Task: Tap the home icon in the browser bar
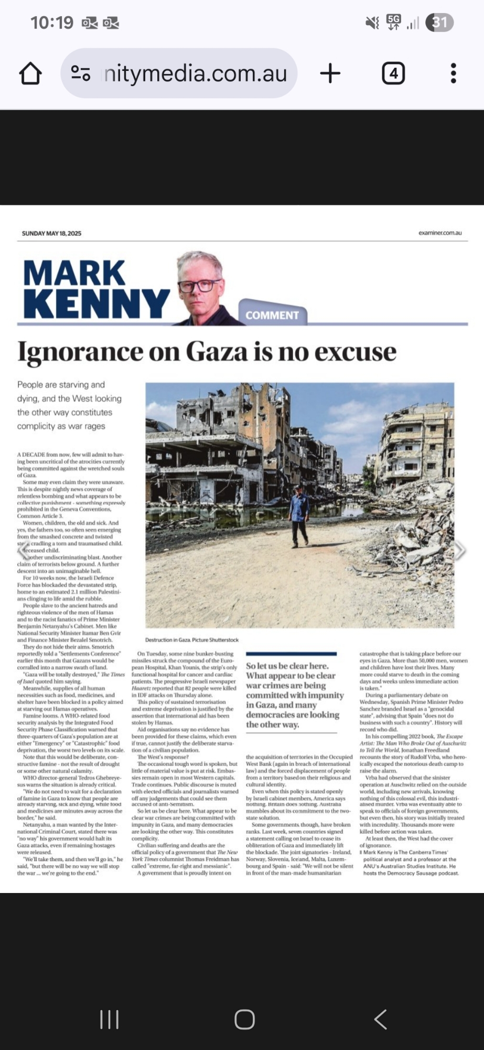tap(30, 73)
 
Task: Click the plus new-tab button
tap(330, 73)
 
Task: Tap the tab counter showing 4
tap(393, 73)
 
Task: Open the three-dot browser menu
tap(454, 73)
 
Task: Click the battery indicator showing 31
tap(439, 23)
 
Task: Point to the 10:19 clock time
tap(52, 23)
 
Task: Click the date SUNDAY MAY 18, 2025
tap(51, 233)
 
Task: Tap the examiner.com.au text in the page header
tap(440, 233)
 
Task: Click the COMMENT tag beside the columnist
tap(272, 315)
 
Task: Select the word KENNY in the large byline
tap(96, 303)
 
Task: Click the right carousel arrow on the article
tap(459, 550)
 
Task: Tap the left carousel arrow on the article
tap(24, 550)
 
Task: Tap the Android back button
tap(381, 1020)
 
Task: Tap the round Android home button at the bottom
tap(244, 1020)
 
